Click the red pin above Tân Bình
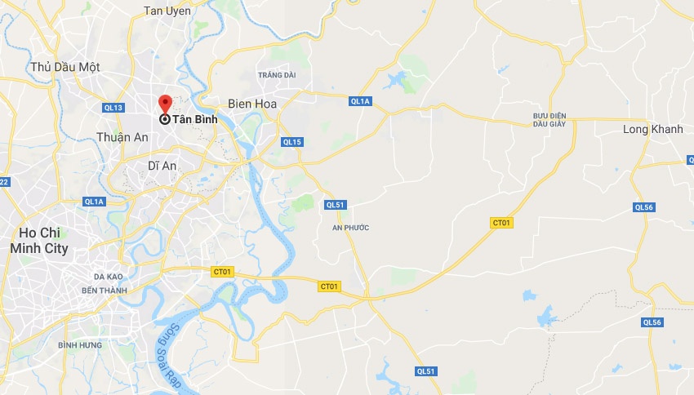(x=164, y=104)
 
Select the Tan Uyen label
(x=167, y=11)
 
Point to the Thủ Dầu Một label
(x=65, y=67)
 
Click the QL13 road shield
(x=114, y=108)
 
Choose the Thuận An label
(x=122, y=137)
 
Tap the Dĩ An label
(x=162, y=166)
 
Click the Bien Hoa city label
(x=253, y=104)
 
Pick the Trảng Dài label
(x=277, y=75)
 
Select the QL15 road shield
(x=292, y=142)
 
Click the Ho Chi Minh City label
(x=38, y=241)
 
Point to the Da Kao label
(x=109, y=277)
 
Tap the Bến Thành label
(x=105, y=291)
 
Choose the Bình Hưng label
(x=80, y=345)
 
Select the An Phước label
(x=351, y=228)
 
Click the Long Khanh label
(x=652, y=130)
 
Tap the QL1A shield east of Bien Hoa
(x=360, y=101)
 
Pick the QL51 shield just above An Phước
(x=334, y=205)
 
